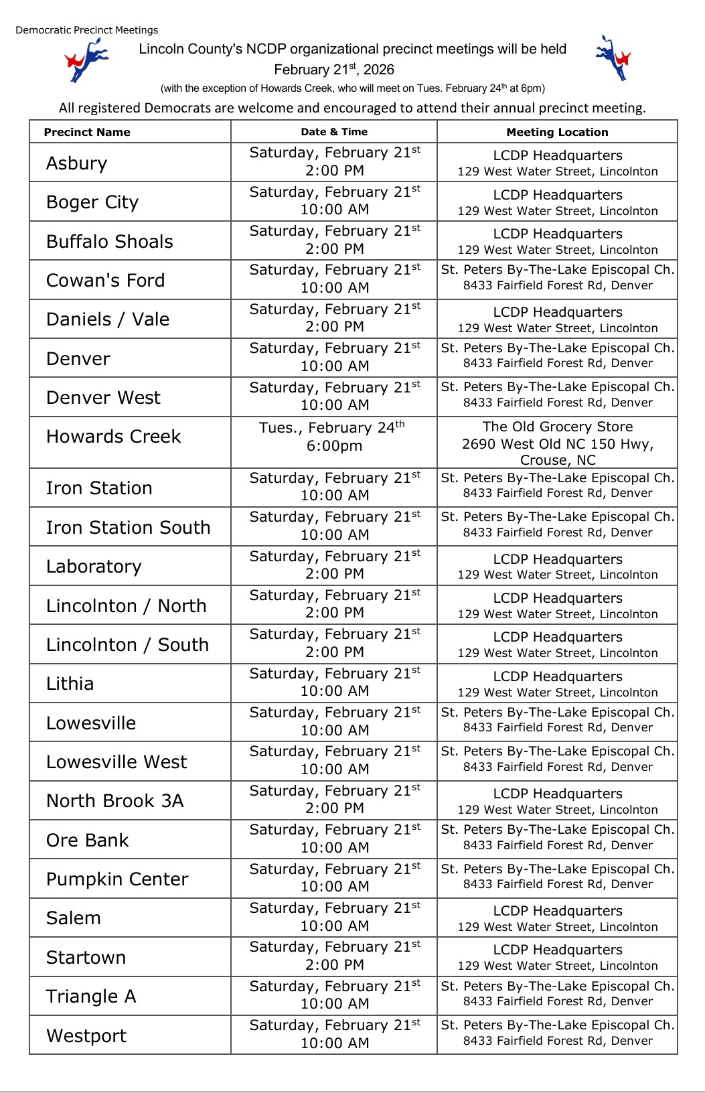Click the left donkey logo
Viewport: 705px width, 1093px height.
pyautogui.click(x=86, y=60)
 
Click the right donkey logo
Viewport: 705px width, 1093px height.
pyautogui.click(x=613, y=58)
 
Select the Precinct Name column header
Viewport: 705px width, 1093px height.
pyautogui.click(x=87, y=132)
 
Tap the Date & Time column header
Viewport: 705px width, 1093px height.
pyautogui.click(x=334, y=132)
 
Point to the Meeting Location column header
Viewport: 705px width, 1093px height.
pyautogui.click(x=557, y=132)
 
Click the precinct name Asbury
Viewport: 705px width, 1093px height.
pyautogui.click(x=77, y=163)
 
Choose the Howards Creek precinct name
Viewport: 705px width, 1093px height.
pyautogui.click(x=113, y=437)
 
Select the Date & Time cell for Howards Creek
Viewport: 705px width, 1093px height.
pyautogui.click(x=334, y=437)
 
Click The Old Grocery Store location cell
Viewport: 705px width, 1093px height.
pyautogui.click(x=557, y=443)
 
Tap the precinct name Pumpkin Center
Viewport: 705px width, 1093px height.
pyautogui.click(x=117, y=879)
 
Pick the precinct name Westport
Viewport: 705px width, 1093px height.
pyautogui.click(x=86, y=1035)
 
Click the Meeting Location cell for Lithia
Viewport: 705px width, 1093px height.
pyautogui.click(x=557, y=683)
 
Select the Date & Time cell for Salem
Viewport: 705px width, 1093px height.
pyautogui.click(x=334, y=918)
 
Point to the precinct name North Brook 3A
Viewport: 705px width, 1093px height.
pyautogui.click(x=114, y=801)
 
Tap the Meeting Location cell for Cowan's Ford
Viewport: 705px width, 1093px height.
pyautogui.click(x=557, y=279)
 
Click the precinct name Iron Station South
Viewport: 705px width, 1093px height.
pyautogui.click(x=128, y=528)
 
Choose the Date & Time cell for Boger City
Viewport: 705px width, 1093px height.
pyautogui.click(x=334, y=201)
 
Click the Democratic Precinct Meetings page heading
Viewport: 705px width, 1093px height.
pyautogui.click(x=87, y=30)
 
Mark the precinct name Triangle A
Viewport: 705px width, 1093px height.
pyautogui.click(x=91, y=997)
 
